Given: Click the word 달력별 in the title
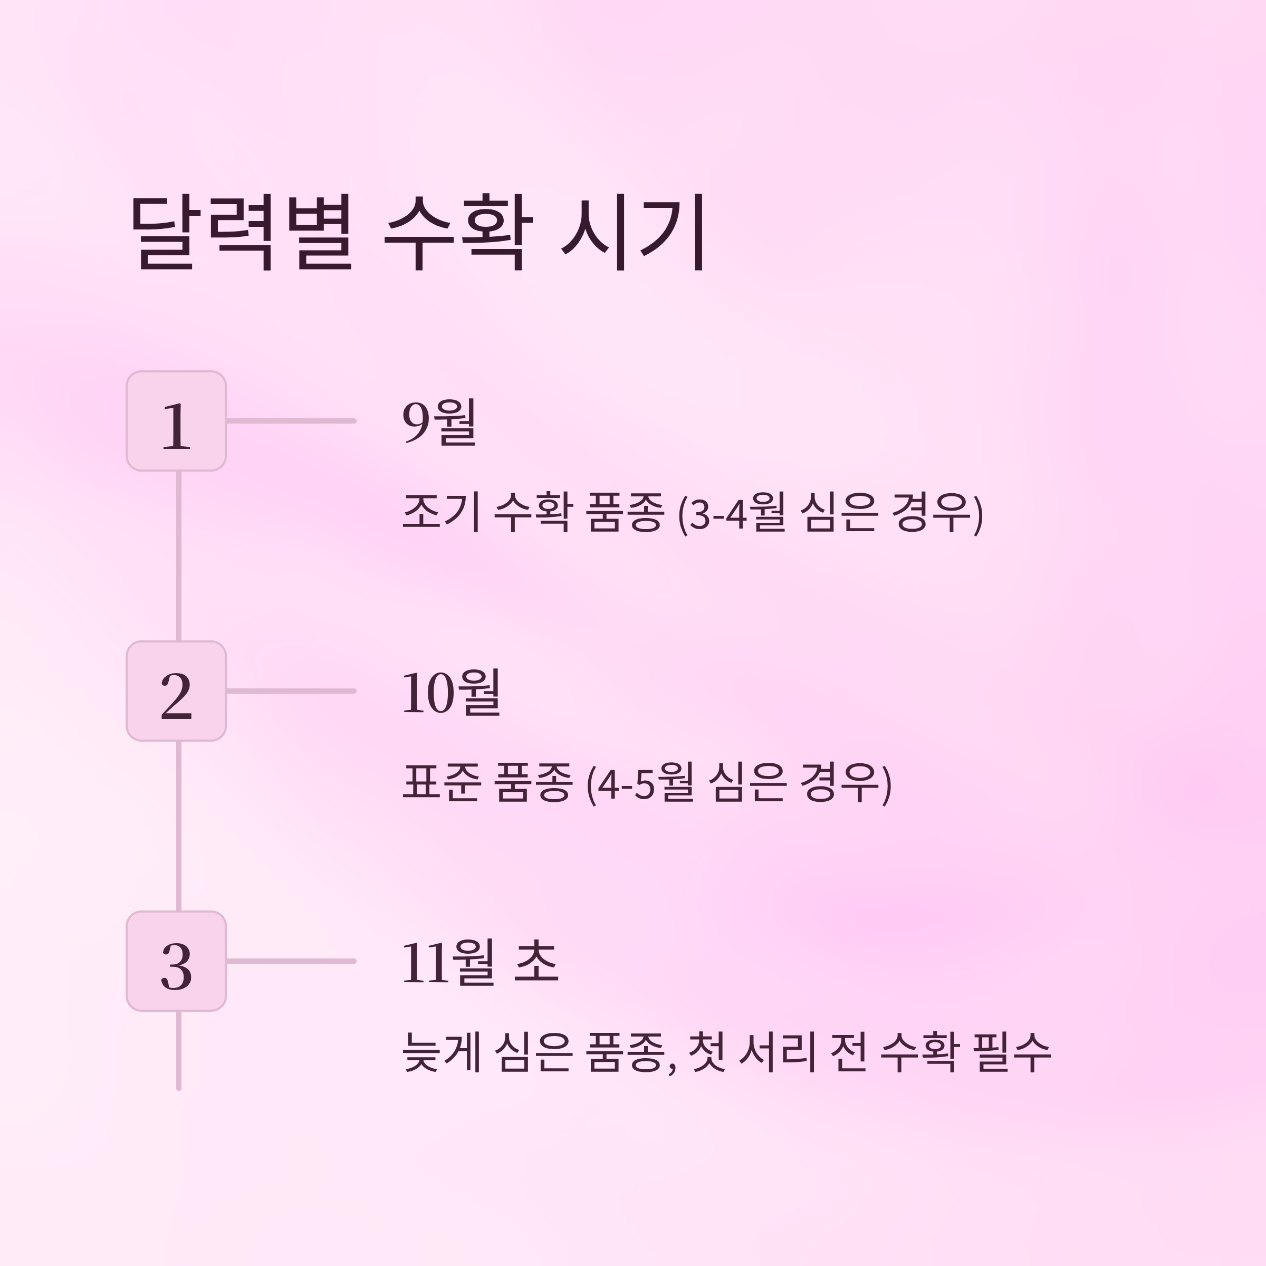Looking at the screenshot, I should click(243, 232).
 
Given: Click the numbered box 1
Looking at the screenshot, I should click(176, 421).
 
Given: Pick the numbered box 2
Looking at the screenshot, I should click(176, 690).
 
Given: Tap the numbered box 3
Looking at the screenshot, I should click(176, 961).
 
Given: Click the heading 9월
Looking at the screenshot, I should click(439, 422).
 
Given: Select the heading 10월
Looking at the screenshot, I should click(452, 692).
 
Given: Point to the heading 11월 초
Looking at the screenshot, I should click(479, 962).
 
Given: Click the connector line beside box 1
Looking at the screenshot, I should click(291, 421).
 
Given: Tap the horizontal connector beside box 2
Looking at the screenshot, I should click(291, 690).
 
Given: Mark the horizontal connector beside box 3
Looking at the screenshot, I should click(291, 961).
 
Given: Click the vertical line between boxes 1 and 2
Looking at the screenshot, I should click(178, 555).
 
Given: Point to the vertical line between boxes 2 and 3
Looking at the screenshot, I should click(178, 826).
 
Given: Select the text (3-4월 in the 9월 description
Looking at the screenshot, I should click(731, 513).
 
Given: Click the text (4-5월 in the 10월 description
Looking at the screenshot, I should click(639, 783).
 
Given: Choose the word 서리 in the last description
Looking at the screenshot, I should click(777, 1053).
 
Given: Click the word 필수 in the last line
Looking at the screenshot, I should click(1012, 1053).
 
